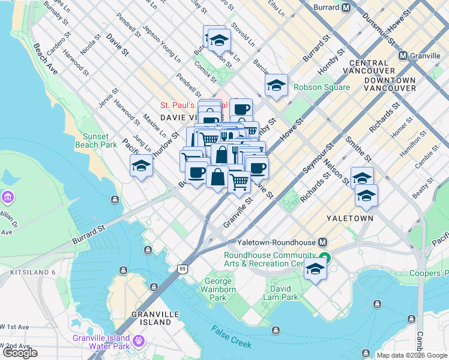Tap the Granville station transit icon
pyautogui.click(x=403, y=55)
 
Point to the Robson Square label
pyautogui.click(x=321, y=88)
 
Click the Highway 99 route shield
pyautogui.click(x=182, y=271)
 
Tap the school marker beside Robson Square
pyautogui.click(x=276, y=86)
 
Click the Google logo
pyautogui.click(x=20, y=353)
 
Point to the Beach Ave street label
pyautogui.click(x=46, y=59)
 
